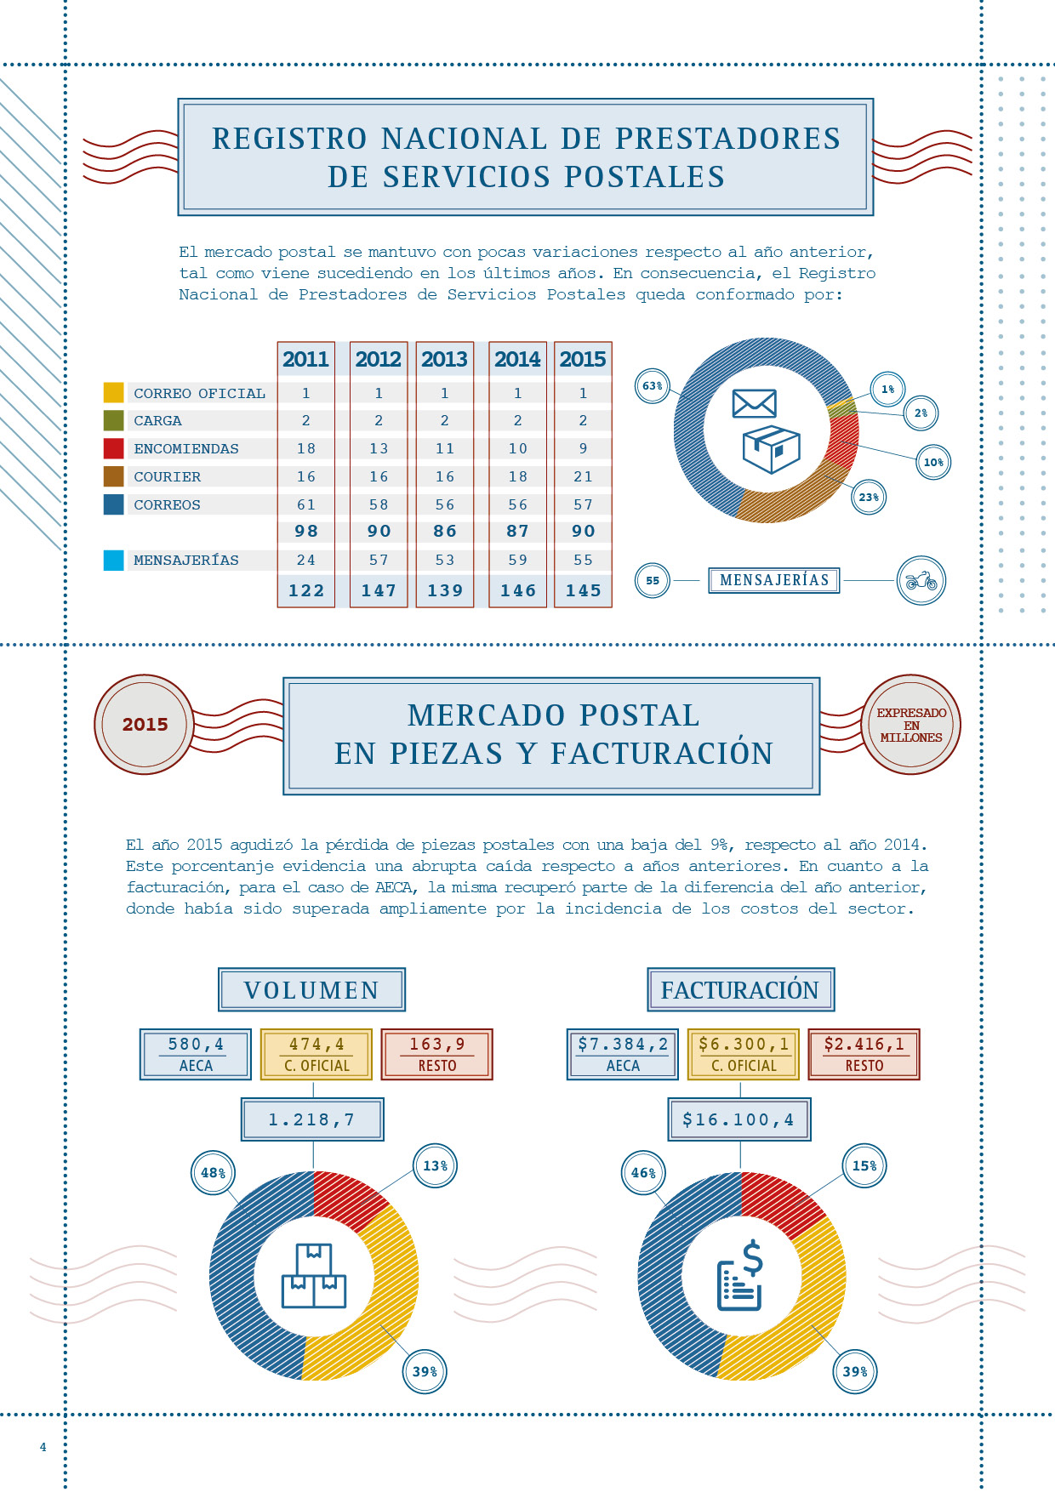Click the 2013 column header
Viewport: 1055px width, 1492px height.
[x=444, y=359]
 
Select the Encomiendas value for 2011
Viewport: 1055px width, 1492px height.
[x=306, y=448]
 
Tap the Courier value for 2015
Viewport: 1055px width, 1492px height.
[x=583, y=476]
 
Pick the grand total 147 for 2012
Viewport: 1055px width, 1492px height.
[x=379, y=590]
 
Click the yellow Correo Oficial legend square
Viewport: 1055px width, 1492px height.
[x=113, y=392]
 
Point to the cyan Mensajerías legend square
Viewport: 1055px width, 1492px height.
[x=113, y=560]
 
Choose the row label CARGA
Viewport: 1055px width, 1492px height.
[x=157, y=420]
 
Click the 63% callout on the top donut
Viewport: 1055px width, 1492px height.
[x=653, y=386]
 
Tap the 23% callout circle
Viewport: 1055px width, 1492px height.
[x=868, y=498]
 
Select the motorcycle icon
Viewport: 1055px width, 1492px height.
[x=921, y=581]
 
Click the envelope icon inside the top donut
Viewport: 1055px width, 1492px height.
[x=754, y=403]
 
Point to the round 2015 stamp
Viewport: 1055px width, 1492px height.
[x=145, y=725]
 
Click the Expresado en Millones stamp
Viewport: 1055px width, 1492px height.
[x=911, y=725]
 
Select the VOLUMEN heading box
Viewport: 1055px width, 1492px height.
[x=311, y=989]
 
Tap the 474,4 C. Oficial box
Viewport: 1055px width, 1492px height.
[x=316, y=1054]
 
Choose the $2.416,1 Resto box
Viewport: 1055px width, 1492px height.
[x=864, y=1054]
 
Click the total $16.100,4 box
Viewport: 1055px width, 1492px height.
[x=738, y=1119]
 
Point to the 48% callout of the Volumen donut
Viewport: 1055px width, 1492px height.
[x=213, y=1173]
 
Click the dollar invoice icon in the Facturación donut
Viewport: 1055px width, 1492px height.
[x=741, y=1276]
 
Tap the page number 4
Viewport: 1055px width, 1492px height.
[x=43, y=1447]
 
